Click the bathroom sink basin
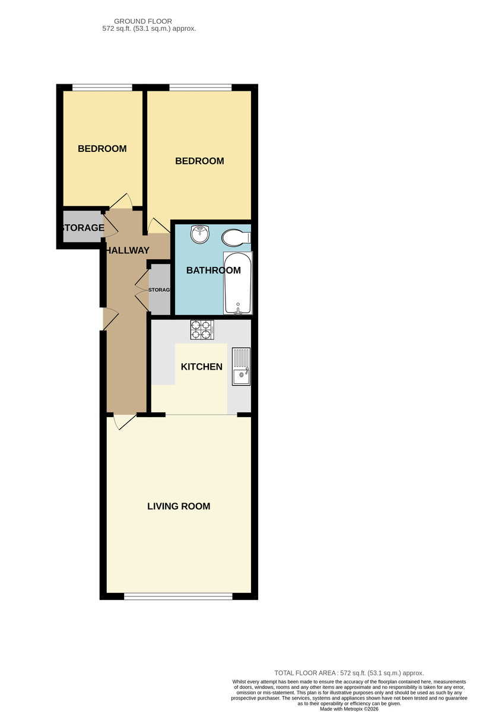click(200, 234)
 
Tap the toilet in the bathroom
click(236, 237)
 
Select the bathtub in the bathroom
click(238, 283)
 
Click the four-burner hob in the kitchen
click(202, 330)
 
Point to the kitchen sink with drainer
click(241, 367)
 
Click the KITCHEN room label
click(202, 367)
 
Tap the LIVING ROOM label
click(179, 506)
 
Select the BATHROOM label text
click(213, 270)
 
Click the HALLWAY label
click(127, 250)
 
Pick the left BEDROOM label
click(102, 148)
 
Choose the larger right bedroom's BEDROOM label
click(199, 161)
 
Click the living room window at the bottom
click(178, 596)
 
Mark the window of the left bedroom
click(102, 87)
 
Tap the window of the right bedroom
click(201, 87)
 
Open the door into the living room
click(124, 422)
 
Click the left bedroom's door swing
click(121, 201)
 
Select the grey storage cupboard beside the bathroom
click(160, 290)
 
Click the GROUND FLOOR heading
click(143, 21)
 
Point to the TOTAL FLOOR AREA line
click(349, 673)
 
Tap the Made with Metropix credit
click(349, 709)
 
